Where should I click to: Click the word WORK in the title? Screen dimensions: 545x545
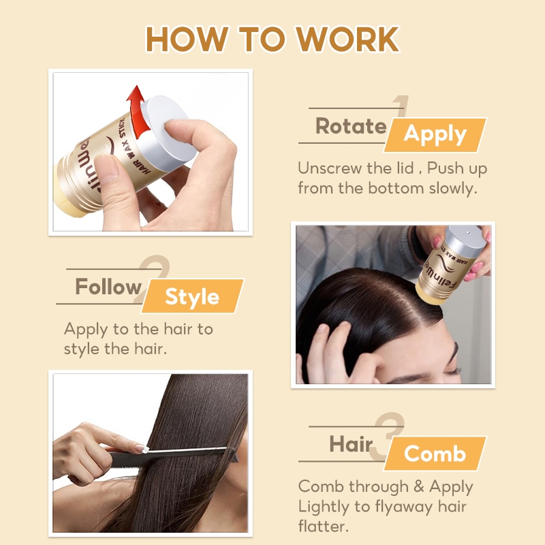click(x=347, y=39)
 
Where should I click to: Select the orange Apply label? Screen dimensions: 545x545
click(x=435, y=134)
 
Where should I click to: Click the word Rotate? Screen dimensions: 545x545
click(x=351, y=125)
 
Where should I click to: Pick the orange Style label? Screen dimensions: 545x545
click(x=193, y=296)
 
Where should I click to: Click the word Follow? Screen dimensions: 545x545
click(x=108, y=286)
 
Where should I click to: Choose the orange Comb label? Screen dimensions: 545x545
click(x=435, y=453)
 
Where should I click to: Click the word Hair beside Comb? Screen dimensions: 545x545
click(x=351, y=444)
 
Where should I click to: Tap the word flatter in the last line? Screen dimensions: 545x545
click(x=323, y=526)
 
